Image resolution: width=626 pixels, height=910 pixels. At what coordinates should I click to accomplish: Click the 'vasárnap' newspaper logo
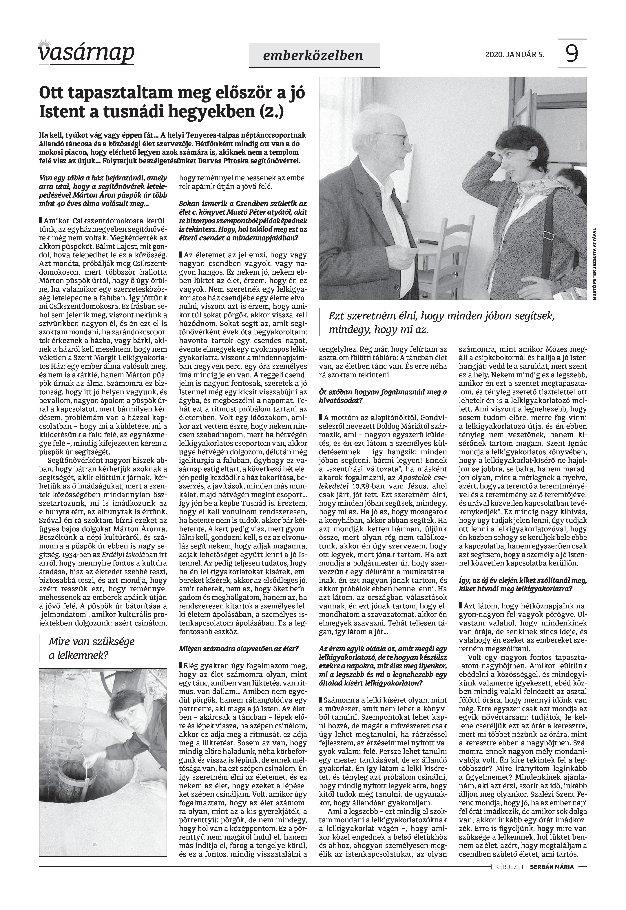pos(86,53)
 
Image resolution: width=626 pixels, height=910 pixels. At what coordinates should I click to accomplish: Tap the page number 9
pos(572,54)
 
